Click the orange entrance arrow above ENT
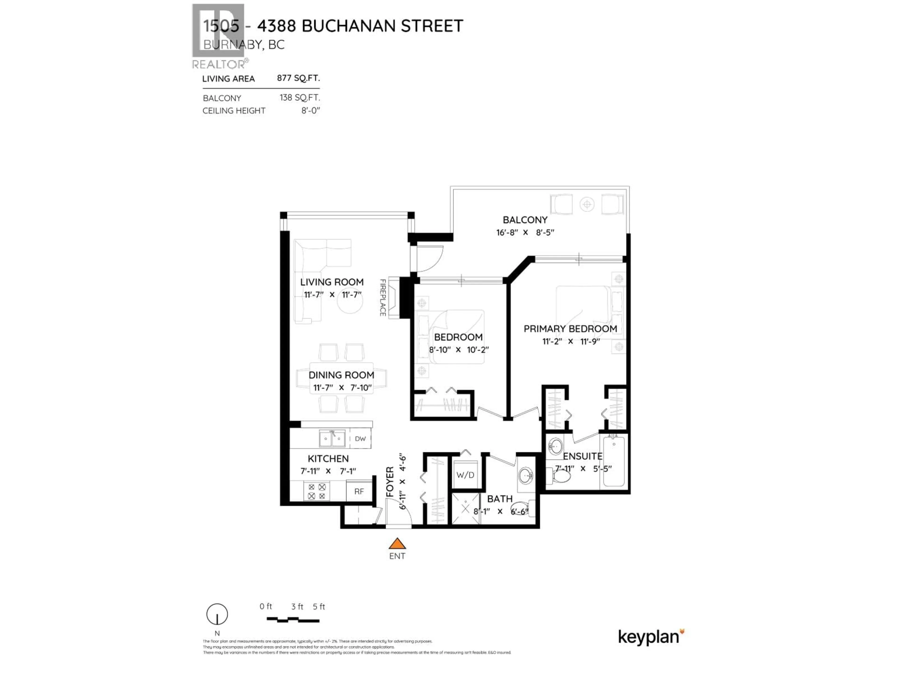click(397, 544)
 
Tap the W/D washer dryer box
click(465, 475)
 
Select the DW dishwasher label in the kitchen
click(360, 439)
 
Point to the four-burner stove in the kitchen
click(317, 491)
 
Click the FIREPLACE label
click(382, 297)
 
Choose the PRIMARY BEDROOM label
click(570, 329)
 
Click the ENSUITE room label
click(582, 456)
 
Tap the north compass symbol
click(217, 615)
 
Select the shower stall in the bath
click(466, 508)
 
